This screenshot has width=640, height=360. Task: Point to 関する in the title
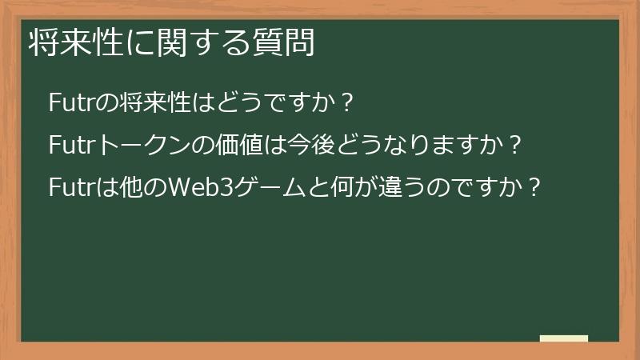190,43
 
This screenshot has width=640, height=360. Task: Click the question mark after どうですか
346,103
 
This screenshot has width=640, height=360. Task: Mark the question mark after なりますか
516,146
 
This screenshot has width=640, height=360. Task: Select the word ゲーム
277,188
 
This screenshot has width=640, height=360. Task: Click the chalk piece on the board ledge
564,338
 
